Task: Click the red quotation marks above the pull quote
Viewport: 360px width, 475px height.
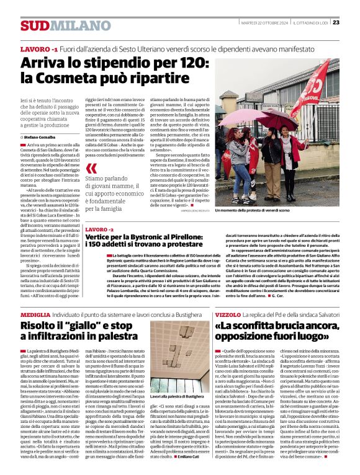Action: (91, 169)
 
